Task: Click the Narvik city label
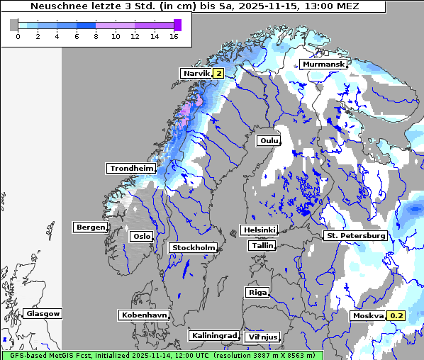196,73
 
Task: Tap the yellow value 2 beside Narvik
218,73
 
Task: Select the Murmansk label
323,64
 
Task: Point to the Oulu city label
269,141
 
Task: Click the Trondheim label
131,169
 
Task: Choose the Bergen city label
90,227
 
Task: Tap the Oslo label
141,236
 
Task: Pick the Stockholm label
193,247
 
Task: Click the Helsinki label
259,230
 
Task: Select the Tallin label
262,245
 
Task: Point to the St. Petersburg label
355,235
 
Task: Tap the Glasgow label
43,313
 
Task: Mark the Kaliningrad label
213,335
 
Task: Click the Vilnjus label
262,337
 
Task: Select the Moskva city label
368,316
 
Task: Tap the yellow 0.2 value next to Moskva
396,316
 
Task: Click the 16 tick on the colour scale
174,36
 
